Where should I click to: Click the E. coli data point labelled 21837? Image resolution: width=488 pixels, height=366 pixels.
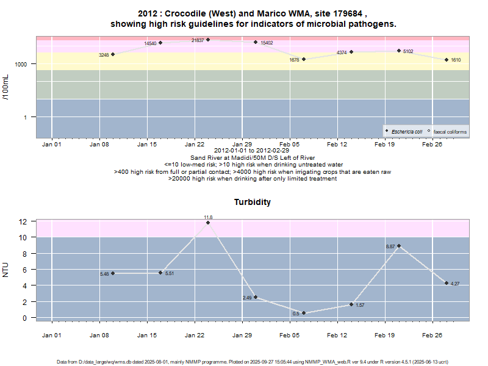click(208, 40)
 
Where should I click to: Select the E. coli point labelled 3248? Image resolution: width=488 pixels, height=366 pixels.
click(113, 54)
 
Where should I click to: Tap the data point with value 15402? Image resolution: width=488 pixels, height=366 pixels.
click(256, 42)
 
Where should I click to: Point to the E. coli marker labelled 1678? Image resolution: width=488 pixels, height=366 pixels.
click(303, 59)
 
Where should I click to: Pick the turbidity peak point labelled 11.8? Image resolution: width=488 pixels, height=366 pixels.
click(208, 223)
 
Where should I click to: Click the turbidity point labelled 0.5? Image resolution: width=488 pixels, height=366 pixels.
click(303, 314)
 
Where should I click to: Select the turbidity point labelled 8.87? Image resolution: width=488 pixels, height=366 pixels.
click(399, 246)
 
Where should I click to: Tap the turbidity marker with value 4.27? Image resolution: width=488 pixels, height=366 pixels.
click(447, 283)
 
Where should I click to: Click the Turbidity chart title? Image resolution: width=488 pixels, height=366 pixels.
click(253, 202)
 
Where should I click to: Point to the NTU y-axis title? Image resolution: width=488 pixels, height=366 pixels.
click(7, 269)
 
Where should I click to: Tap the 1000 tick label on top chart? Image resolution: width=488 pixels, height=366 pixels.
click(21, 64)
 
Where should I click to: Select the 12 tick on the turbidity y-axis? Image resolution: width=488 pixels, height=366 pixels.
click(23, 221)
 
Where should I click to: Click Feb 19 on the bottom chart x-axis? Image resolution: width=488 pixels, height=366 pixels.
click(384, 335)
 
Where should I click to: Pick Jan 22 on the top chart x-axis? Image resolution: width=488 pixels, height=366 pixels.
click(195, 145)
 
